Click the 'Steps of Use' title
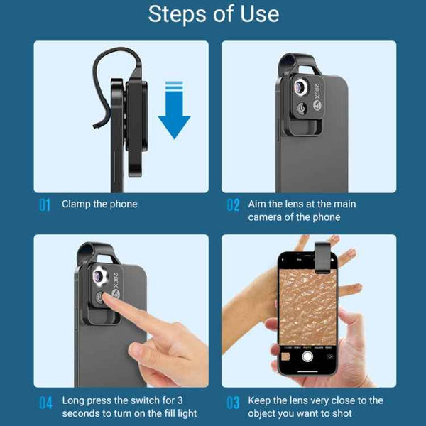214,14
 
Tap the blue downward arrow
174,110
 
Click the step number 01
45,205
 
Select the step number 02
233,205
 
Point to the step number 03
233,403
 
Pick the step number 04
45,403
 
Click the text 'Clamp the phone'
99,204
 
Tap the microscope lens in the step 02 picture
300,87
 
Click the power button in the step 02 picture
302,109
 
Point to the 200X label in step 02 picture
317,92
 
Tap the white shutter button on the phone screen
307,356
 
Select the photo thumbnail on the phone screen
285,356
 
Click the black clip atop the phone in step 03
322,258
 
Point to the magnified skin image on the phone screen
308,307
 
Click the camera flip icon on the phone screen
329,356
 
